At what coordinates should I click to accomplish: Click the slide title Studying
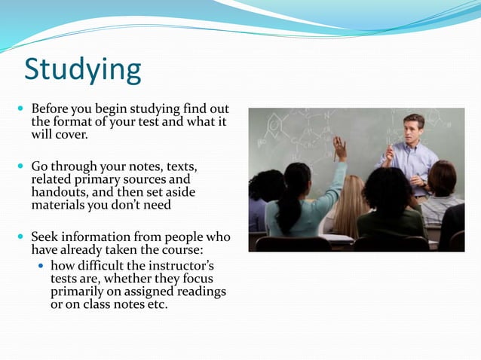click(x=82, y=69)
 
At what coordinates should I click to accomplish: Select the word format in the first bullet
click(x=72, y=123)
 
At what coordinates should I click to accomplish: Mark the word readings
click(x=199, y=291)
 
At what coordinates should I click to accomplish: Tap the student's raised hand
click(x=340, y=148)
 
